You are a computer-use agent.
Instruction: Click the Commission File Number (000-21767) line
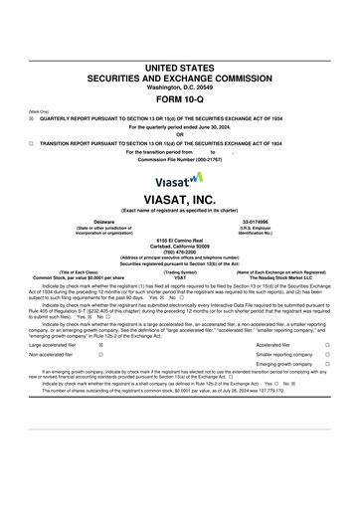pos(179,158)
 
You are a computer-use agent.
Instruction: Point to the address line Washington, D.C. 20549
pos(179,85)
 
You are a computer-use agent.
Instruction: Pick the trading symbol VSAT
pos(180,276)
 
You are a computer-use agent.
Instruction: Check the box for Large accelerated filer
pos(100,345)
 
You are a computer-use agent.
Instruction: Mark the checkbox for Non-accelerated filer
pos(100,354)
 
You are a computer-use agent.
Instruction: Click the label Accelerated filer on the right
pos(272,345)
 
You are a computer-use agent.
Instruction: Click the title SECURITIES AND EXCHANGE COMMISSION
pos(179,75)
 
